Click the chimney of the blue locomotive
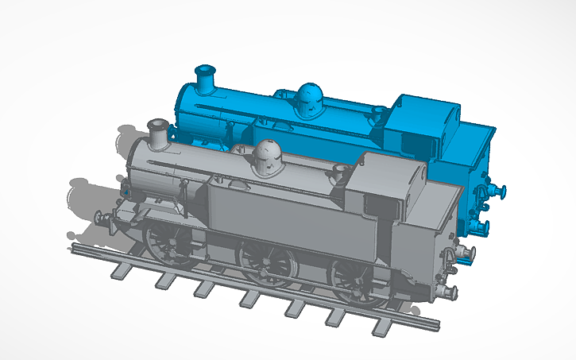206,79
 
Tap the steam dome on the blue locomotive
307,99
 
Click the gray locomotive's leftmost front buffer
100,217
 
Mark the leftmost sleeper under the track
118,270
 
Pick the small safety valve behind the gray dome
341,170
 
